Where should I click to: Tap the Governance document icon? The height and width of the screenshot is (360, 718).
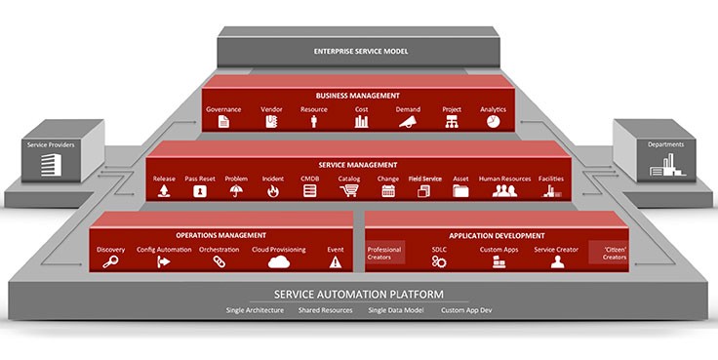click(223, 123)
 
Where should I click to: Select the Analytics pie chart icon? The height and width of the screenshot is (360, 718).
click(493, 123)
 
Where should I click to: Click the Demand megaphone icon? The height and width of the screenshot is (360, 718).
click(408, 123)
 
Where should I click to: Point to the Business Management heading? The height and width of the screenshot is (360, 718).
click(357, 96)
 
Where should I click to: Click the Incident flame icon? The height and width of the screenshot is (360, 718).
click(273, 191)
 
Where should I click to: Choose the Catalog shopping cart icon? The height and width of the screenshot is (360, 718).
click(349, 191)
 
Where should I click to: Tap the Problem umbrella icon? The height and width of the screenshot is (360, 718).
click(236, 191)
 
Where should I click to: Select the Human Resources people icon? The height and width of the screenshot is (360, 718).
click(503, 191)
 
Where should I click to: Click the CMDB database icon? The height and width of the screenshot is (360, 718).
click(310, 191)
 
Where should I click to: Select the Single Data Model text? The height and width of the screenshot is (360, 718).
click(391, 310)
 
